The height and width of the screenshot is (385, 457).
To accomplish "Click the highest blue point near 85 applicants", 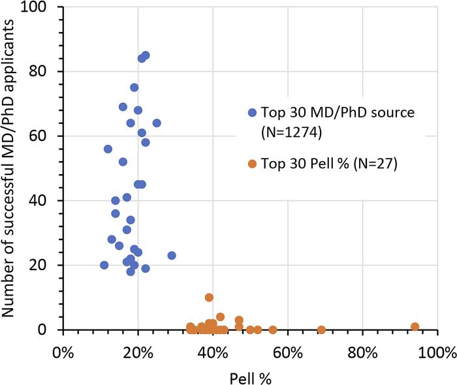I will (145, 55).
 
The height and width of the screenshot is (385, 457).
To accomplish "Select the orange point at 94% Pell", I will (415, 326).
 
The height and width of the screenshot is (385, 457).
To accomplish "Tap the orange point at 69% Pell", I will (321, 330).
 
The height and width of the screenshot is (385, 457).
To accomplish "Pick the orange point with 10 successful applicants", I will (209, 298).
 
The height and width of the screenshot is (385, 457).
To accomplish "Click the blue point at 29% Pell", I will (172, 256).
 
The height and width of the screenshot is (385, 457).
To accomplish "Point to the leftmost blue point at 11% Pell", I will (104, 265).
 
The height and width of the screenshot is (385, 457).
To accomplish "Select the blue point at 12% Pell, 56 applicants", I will (108, 149).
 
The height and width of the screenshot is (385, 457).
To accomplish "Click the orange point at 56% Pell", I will (273, 330).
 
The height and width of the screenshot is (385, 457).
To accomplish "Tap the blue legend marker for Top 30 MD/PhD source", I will (252, 112).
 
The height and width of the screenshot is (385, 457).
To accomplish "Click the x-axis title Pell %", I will (251, 377).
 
